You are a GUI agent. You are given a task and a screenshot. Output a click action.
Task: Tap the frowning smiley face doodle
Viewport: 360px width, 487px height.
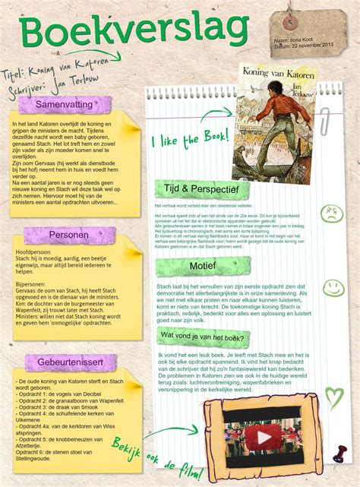(x=331, y=213)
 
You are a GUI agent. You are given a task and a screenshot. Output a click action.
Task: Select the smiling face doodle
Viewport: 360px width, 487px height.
(x=333, y=287)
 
